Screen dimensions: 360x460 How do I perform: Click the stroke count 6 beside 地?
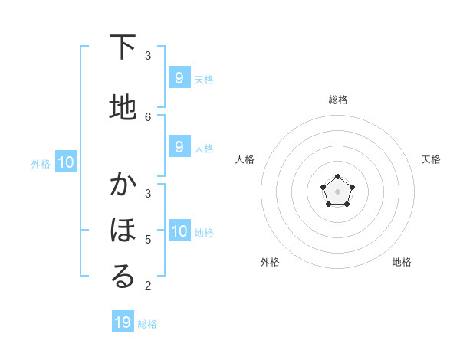148,116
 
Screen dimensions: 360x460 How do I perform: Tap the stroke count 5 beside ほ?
148,240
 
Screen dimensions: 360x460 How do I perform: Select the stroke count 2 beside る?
148,286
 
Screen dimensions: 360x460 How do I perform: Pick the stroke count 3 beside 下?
148,56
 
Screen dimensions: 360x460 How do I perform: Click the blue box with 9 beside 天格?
179,77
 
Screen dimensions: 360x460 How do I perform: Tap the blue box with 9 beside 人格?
179,147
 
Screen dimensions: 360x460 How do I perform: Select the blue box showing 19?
123,322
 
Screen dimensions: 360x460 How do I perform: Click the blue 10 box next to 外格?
65,162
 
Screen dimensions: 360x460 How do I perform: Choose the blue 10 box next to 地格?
179,231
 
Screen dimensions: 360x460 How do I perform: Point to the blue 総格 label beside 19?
147,324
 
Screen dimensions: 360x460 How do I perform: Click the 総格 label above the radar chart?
337,100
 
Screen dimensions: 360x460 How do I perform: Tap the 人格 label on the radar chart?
245,159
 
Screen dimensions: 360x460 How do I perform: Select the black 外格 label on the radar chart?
270,262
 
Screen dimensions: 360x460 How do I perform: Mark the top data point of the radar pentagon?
337,178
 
